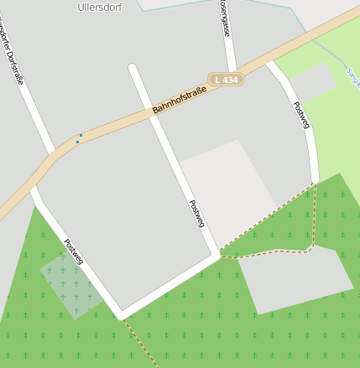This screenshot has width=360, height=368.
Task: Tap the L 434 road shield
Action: point(227,80)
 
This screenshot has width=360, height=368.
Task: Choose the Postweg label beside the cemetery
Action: point(74,252)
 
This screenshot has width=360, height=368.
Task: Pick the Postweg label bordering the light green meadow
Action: point(301,115)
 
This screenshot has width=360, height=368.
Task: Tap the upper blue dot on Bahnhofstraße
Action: point(81,135)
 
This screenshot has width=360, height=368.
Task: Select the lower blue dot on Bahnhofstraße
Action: point(77,142)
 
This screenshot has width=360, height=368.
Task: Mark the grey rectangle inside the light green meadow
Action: point(312,81)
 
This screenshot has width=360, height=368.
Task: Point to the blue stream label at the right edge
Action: point(351,80)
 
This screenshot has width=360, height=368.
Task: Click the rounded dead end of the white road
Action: point(133,67)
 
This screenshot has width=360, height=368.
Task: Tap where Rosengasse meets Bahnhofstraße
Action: point(232,70)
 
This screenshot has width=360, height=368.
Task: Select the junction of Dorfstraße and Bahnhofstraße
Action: point(52,157)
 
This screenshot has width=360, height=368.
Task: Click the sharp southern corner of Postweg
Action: point(122,314)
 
